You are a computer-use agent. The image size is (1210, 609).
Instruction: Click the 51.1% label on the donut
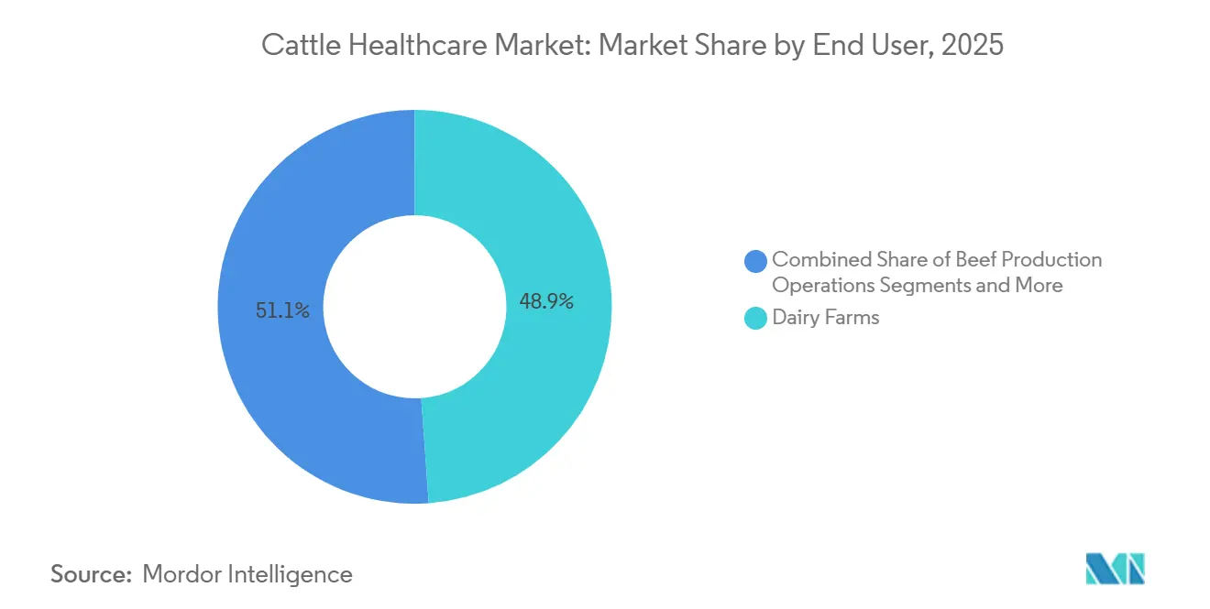[282, 311]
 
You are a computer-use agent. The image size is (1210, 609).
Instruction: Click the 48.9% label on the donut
[546, 302]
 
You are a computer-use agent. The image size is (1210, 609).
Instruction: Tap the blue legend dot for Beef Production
[756, 261]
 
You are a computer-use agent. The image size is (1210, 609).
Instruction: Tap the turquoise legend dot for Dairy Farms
[756, 319]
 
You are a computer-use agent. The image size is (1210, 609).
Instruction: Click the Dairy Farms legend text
[825, 318]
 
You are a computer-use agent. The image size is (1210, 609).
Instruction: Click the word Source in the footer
[88, 574]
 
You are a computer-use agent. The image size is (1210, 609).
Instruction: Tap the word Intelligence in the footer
[294, 574]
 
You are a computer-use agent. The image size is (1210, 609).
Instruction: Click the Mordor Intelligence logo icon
[1115, 569]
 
